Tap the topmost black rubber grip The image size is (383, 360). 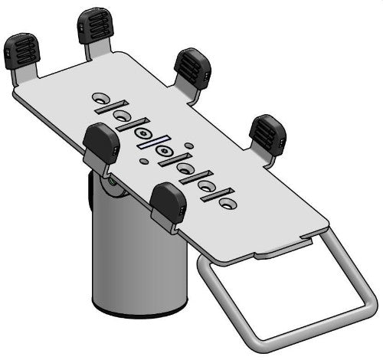click(96, 25)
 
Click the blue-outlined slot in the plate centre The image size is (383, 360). click(152, 144)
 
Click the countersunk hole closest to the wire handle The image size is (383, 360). click(228, 206)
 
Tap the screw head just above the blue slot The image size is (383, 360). click(142, 133)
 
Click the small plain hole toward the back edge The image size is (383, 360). click(188, 143)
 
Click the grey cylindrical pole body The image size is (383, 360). click(134, 260)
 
